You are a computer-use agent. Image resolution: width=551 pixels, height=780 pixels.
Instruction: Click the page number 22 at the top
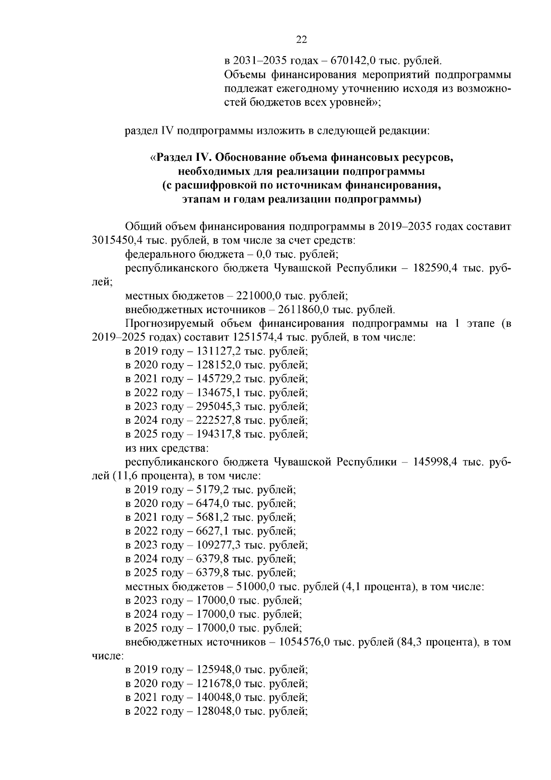click(301, 40)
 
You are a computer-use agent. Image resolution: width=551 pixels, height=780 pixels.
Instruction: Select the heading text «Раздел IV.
click(180, 158)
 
